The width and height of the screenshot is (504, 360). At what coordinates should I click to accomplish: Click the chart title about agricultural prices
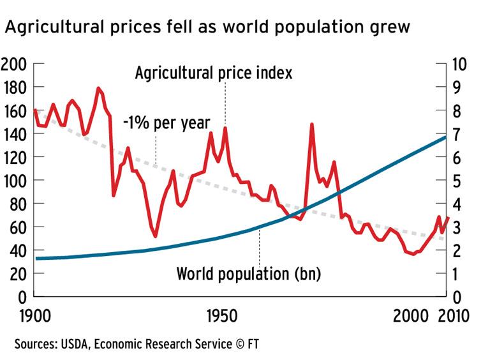pyautogui.click(x=207, y=27)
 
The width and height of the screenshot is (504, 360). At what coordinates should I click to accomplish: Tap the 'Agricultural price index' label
pyautogui.click(x=214, y=73)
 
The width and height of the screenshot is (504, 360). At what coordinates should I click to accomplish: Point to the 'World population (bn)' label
pyautogui.click(x=248, y=275)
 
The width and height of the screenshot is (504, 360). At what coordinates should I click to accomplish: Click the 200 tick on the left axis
pyautogui.click(x=13, y=64)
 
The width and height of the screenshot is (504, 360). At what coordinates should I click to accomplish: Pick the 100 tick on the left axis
pyautogui.click(x=13, y=181)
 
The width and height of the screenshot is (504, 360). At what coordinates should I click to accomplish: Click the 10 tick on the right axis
pyautogui.click(x=459, y=64)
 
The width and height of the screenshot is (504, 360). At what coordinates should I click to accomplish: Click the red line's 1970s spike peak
pyautogui.click(x=311, y=124)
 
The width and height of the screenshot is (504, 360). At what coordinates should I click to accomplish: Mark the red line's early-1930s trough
pyautogui.click(x=155, y=236)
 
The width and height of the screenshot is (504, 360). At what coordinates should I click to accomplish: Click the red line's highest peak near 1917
pyautogui.click(x=98, y=88)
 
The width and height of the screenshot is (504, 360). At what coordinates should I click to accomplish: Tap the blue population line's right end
pyautogui.click(x=445, y=137)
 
